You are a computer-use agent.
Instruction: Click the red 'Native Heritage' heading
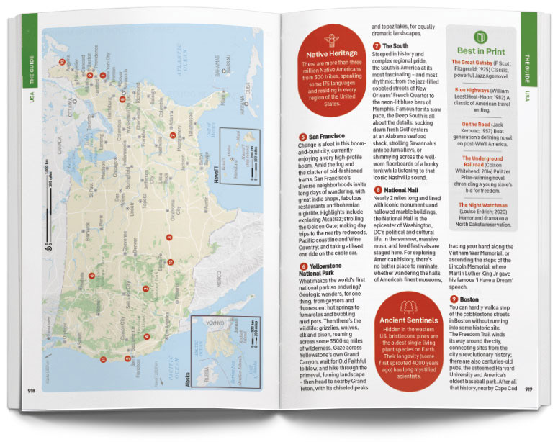332,55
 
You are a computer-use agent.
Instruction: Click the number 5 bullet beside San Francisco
302,136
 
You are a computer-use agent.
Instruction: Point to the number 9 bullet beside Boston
454,299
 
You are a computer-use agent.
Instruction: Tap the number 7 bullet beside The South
376,47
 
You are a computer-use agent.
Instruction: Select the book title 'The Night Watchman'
485,205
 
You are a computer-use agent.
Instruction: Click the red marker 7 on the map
173,135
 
